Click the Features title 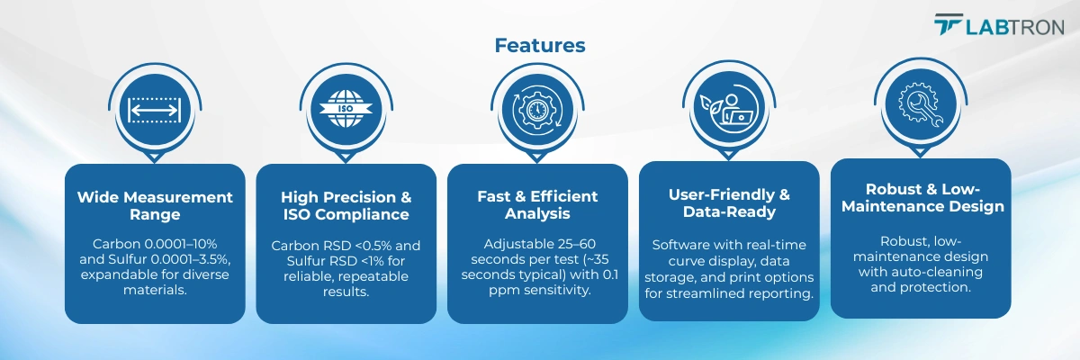(x=539, y=45)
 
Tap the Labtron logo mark (x=949, y=24)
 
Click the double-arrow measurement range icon (x=154, y=111)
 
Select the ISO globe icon (x=346, y=109)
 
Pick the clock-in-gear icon (x=537, y=109)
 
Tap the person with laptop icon (x=728, y=108)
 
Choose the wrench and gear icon (x=921, y=104)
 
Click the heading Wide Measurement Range (x=155, y=206)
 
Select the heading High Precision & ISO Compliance (x=346, y=206)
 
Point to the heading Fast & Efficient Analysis (x=537, y=205)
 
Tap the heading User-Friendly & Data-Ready (x=729, y=202)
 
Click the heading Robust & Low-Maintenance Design (x=922, y=198)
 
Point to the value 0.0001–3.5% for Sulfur (x=191, y=259)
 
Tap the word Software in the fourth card (x=674, y=245)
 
